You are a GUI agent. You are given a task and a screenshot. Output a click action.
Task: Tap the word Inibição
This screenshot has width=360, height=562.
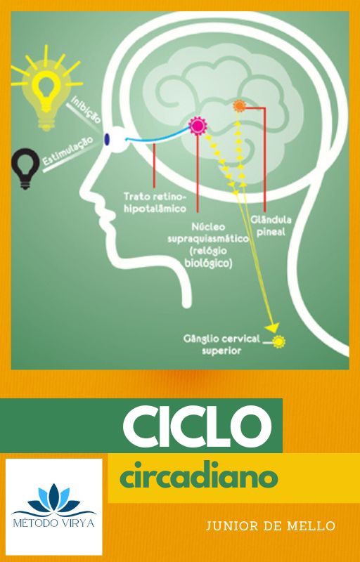pyautogui.click(x=86, y=110)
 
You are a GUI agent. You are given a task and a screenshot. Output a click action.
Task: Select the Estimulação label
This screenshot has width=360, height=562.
pyautogui.click(x=67, y=150)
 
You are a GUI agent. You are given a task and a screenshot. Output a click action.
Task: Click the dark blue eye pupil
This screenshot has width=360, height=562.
pyautogui.click(x=107, y=139)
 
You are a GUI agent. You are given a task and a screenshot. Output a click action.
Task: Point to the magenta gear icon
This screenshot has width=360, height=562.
pyautogui.click(x=198, y=126)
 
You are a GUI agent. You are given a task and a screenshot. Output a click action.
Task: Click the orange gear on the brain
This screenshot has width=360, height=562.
pyautogui.click(x=239, y=106)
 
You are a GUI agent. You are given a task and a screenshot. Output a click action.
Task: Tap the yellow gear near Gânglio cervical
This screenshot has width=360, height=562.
pyautogui.click(x=278, y=341)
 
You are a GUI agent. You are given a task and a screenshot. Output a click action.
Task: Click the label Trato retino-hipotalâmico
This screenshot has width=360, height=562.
pyautogui.click(x=155, y=203)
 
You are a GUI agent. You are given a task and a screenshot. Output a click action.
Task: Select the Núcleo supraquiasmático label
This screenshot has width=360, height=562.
pyautogui.click(x=208, y=233)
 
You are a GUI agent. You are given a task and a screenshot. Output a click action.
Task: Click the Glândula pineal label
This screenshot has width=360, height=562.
pyautogui.click(x=271, y=226)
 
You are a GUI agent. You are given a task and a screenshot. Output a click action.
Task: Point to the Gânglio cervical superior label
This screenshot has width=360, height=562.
pyautogui.click(x=221, y=344)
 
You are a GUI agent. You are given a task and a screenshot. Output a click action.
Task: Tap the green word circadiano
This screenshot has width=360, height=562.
pyautogui.click(x=198, y=478)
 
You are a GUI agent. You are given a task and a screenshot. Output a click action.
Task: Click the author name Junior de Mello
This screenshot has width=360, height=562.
pyautogui.click(x=271, y=526)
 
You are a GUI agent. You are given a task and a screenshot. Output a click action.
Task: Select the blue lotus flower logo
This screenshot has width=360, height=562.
pyautogui.click(x=53, y=498)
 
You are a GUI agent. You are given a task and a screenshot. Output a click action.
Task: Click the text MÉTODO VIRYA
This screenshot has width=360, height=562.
pyautogui.click(x=53, y=523)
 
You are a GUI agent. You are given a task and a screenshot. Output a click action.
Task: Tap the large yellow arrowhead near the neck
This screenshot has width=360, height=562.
pyautogui.click(x=273, y=327)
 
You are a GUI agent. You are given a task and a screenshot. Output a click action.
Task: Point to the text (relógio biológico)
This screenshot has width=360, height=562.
pyautogui.click(x=208, y=257)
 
